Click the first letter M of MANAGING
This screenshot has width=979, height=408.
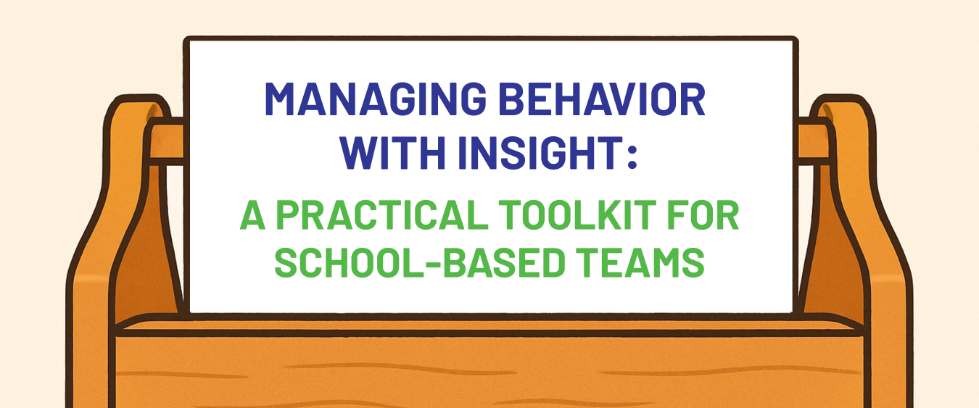click(x=281, y=100)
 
